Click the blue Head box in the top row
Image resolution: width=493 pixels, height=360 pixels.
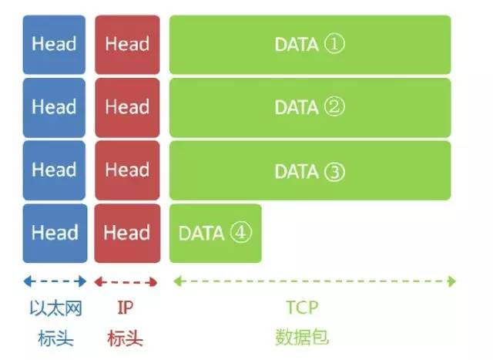[54, 44]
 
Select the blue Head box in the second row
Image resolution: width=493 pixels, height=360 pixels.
[54, 107]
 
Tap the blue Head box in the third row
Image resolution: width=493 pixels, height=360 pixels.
[54, 170]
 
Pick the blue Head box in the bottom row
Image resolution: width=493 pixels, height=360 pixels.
[54, 233]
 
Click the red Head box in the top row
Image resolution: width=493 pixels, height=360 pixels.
[127, 44]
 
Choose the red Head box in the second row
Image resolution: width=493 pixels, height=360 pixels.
[127, 107]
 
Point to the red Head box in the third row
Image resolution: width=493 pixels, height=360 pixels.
[127, 170]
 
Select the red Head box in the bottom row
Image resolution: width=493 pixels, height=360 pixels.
[127, 233]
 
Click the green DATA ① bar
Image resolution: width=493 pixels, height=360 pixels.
[310, 44]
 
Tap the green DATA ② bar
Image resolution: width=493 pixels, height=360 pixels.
[310, 107]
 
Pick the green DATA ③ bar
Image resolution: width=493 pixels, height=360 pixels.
[310, 170]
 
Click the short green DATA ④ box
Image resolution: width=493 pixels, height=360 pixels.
[216, 233]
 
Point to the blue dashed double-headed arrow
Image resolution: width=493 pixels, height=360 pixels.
[54, 281]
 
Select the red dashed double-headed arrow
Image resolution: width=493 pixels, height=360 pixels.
[126, 281]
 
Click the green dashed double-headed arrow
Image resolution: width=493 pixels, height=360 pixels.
[314, 281]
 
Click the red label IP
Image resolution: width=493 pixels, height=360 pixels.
[126, 308]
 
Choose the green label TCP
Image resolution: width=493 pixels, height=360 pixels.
[302, 308]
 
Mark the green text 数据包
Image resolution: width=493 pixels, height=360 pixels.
[301, 338]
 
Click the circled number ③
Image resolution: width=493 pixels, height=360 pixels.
[334, 170]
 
